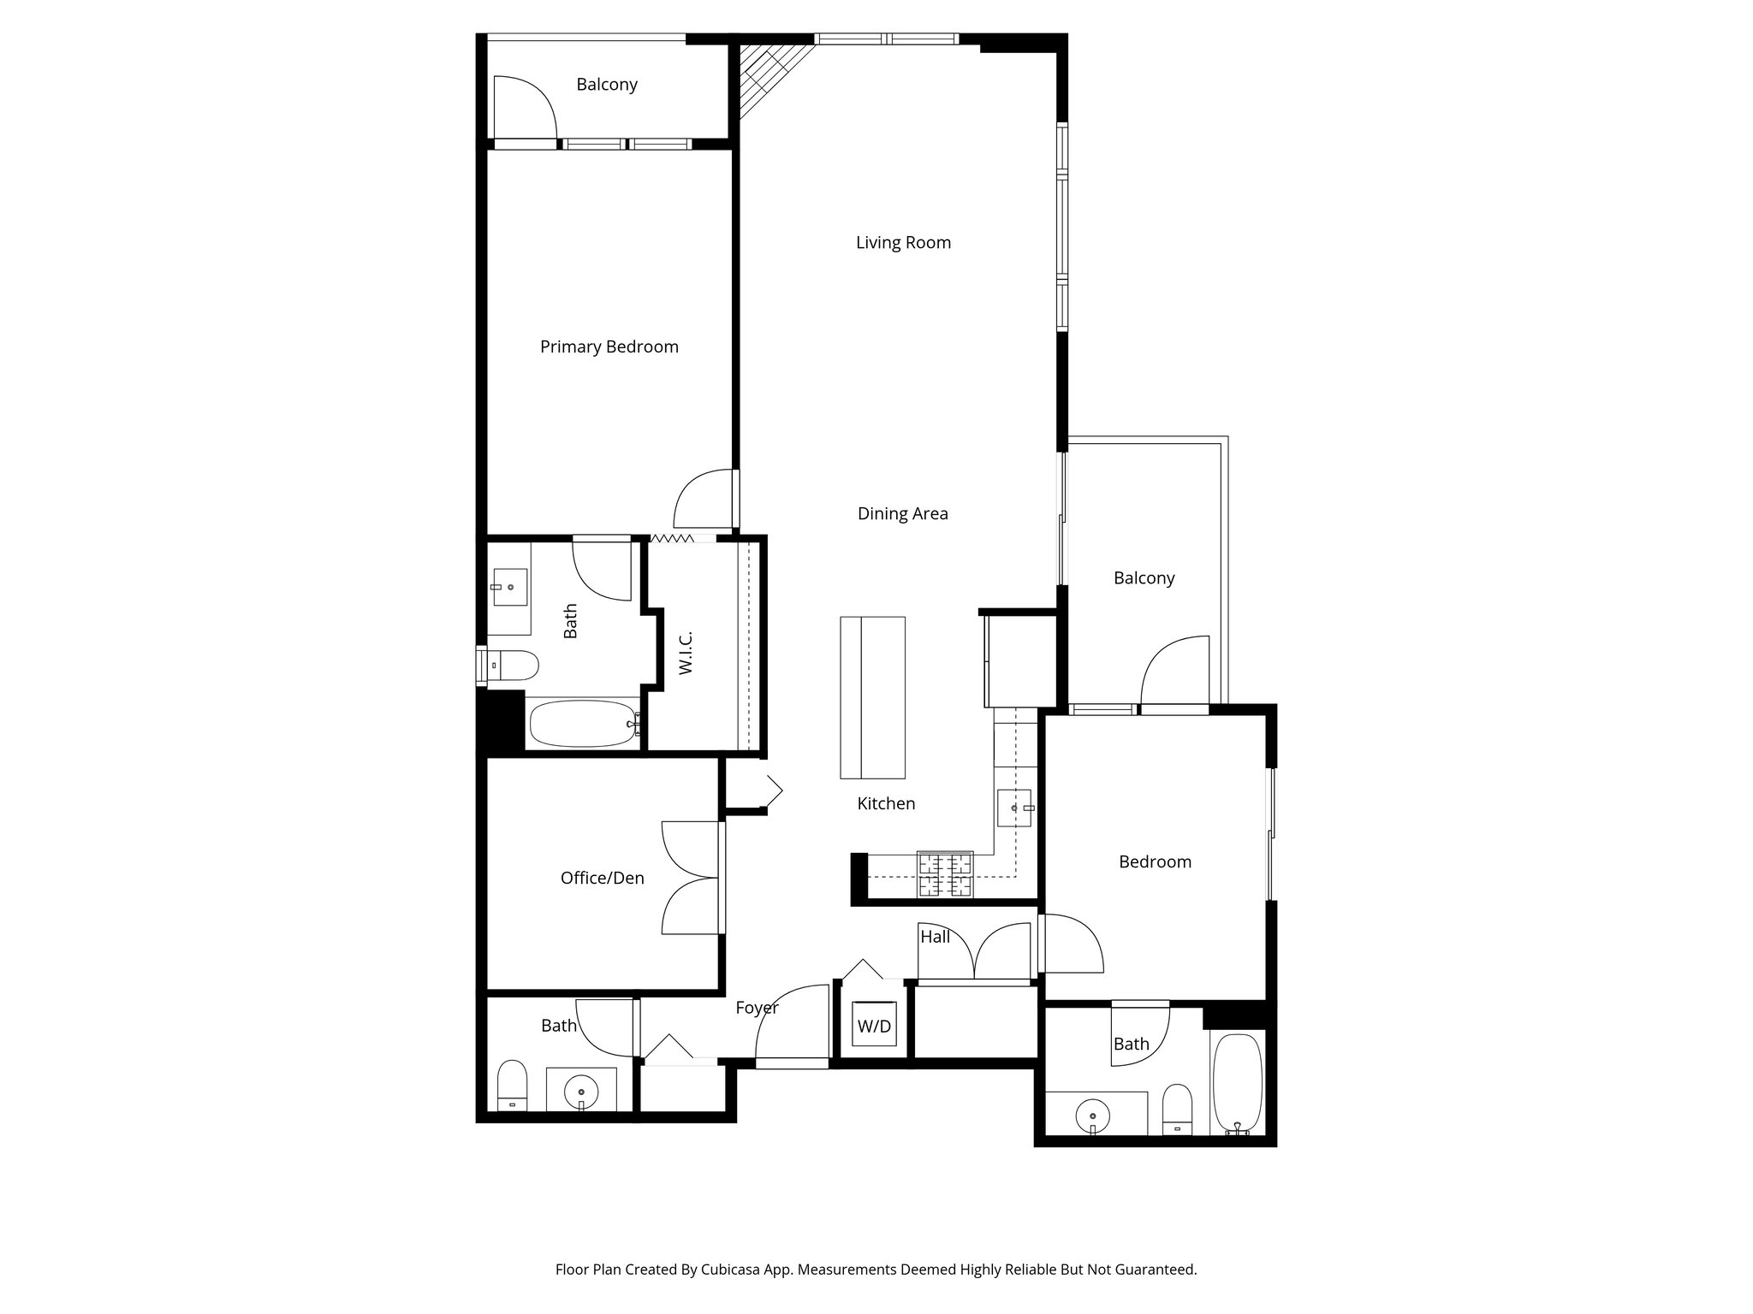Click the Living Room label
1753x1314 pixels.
pyautogui.click(x=903, y=243)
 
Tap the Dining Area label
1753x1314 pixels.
pyautogui.click(x=902, y=513)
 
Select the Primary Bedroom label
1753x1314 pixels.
pyautogui.click(x=609, y=346)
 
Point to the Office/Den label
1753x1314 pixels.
pyautogui.click(x=602, y=878)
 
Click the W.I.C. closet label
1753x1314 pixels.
pyautogui.click(x=686, y=653)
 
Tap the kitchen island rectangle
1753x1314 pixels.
pyautogui.click(x=872, y=697)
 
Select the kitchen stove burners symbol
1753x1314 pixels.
pyautogui.click(x=945, y=874)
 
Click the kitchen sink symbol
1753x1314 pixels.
pyautogui.click(x=1014, y=808)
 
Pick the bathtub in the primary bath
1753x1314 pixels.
pyautogui.click(x=583, y=724)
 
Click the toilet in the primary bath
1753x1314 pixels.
pyautogui.click(x=511, y=665)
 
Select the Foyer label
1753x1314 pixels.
pyautogui.click(x=757, y=1008)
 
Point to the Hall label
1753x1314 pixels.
pyautogui.click(x=935, y=937)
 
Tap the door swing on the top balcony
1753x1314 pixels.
pyautogui.click(x=524, y=107)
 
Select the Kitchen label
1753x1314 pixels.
pyautogui.click(x=886, y=803)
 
